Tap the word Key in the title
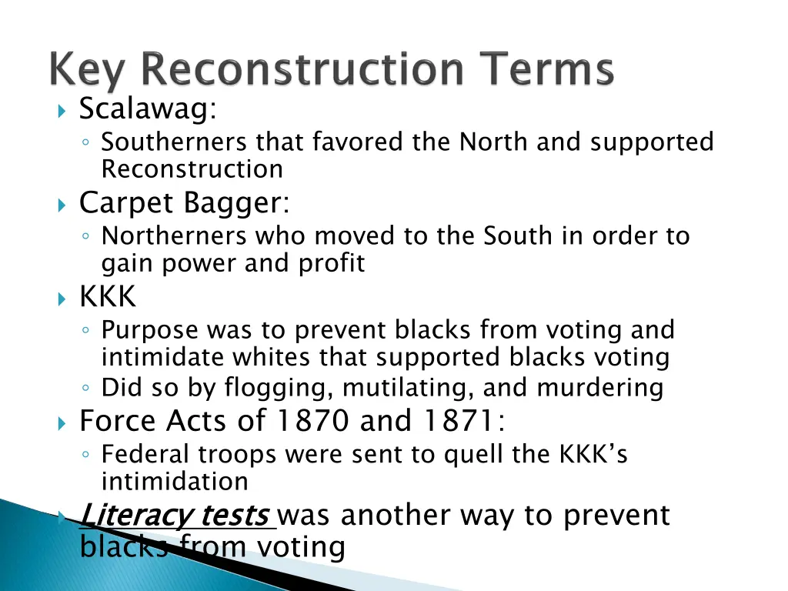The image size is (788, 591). [86, 72]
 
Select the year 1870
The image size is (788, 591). [312, 421]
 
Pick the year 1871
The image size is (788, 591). [458, 421]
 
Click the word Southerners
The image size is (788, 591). [174, 142]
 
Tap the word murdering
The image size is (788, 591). [599, 388]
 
